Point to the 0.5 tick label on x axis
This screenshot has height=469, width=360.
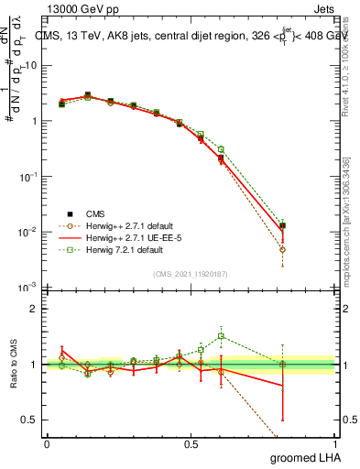coord(191,443)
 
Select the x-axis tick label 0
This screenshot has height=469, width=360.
coord(47,443)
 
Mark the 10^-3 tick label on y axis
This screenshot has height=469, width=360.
coord(28,287)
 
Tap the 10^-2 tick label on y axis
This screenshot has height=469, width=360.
coord(28,232)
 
